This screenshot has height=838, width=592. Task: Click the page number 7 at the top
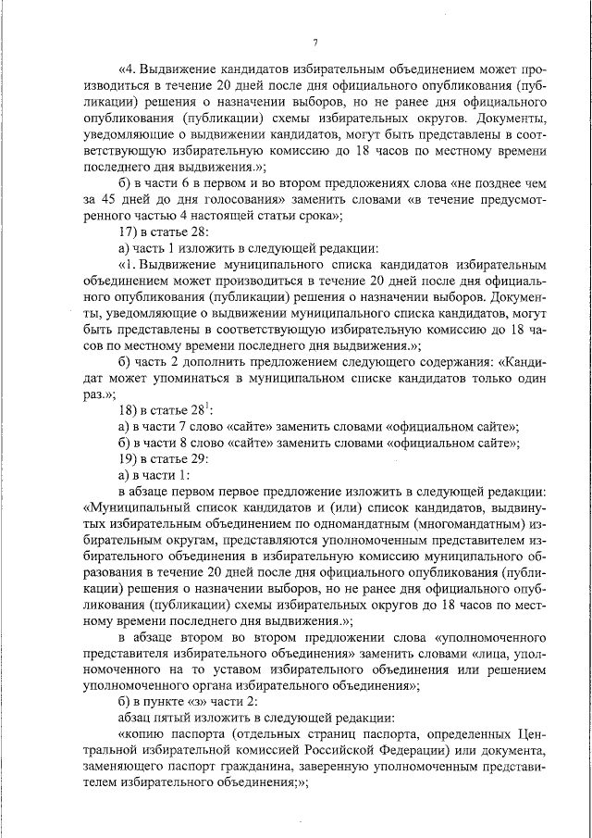pyautogui.click(x=314, y=43)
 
